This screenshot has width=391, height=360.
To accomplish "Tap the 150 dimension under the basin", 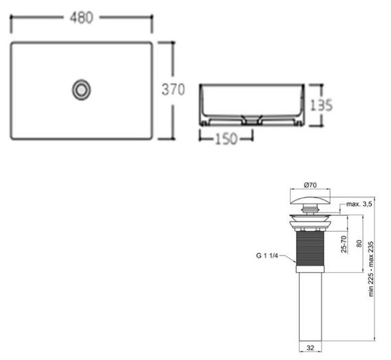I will point(226,139).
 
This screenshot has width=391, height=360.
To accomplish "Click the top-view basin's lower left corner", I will point(14,137).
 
